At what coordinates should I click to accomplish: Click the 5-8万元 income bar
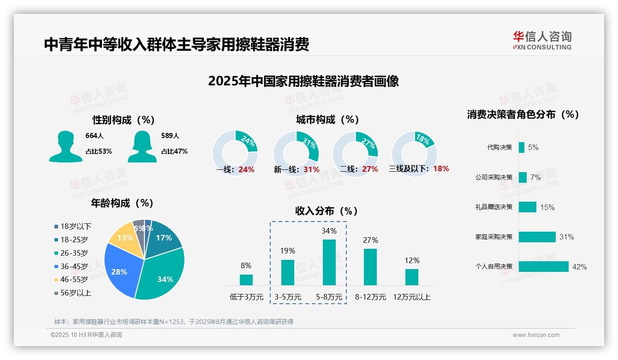pyautogui.click(x=329, y=262)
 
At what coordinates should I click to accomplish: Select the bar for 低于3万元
pyautogui.click(x=246, y=280)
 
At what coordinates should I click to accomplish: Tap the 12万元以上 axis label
pyautogui.click(x=411, y=297)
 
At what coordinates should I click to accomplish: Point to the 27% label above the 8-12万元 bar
pyautogui.click(x=370, y=240)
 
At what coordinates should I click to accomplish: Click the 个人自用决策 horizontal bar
pyautogui.click(x=543, y=266)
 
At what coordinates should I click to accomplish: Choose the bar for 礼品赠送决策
pyautogui.click(x=527, y=207)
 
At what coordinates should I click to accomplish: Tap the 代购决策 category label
pyautogui.click(x=499, y=147)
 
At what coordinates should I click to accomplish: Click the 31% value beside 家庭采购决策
pyautogui.click(x=566, y=237)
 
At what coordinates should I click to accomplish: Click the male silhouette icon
pyautogui.click(x=65, y=146)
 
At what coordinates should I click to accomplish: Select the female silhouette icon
pyautogui.click(x=142, y=146)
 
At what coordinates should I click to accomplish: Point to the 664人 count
pyautogui.click(x=95, y=136)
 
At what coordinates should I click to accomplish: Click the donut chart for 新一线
pyautogui.click(x=296, y=150)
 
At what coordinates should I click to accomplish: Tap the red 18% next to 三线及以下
pyautogui.click(x=441, y=168)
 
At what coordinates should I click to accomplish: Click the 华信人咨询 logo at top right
pyautogui.click(x=542, y=40)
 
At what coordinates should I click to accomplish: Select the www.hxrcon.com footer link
pyautogui.click(x=535, y=335)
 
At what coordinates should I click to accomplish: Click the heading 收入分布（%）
pyautogui.click(x=327, y=211)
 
